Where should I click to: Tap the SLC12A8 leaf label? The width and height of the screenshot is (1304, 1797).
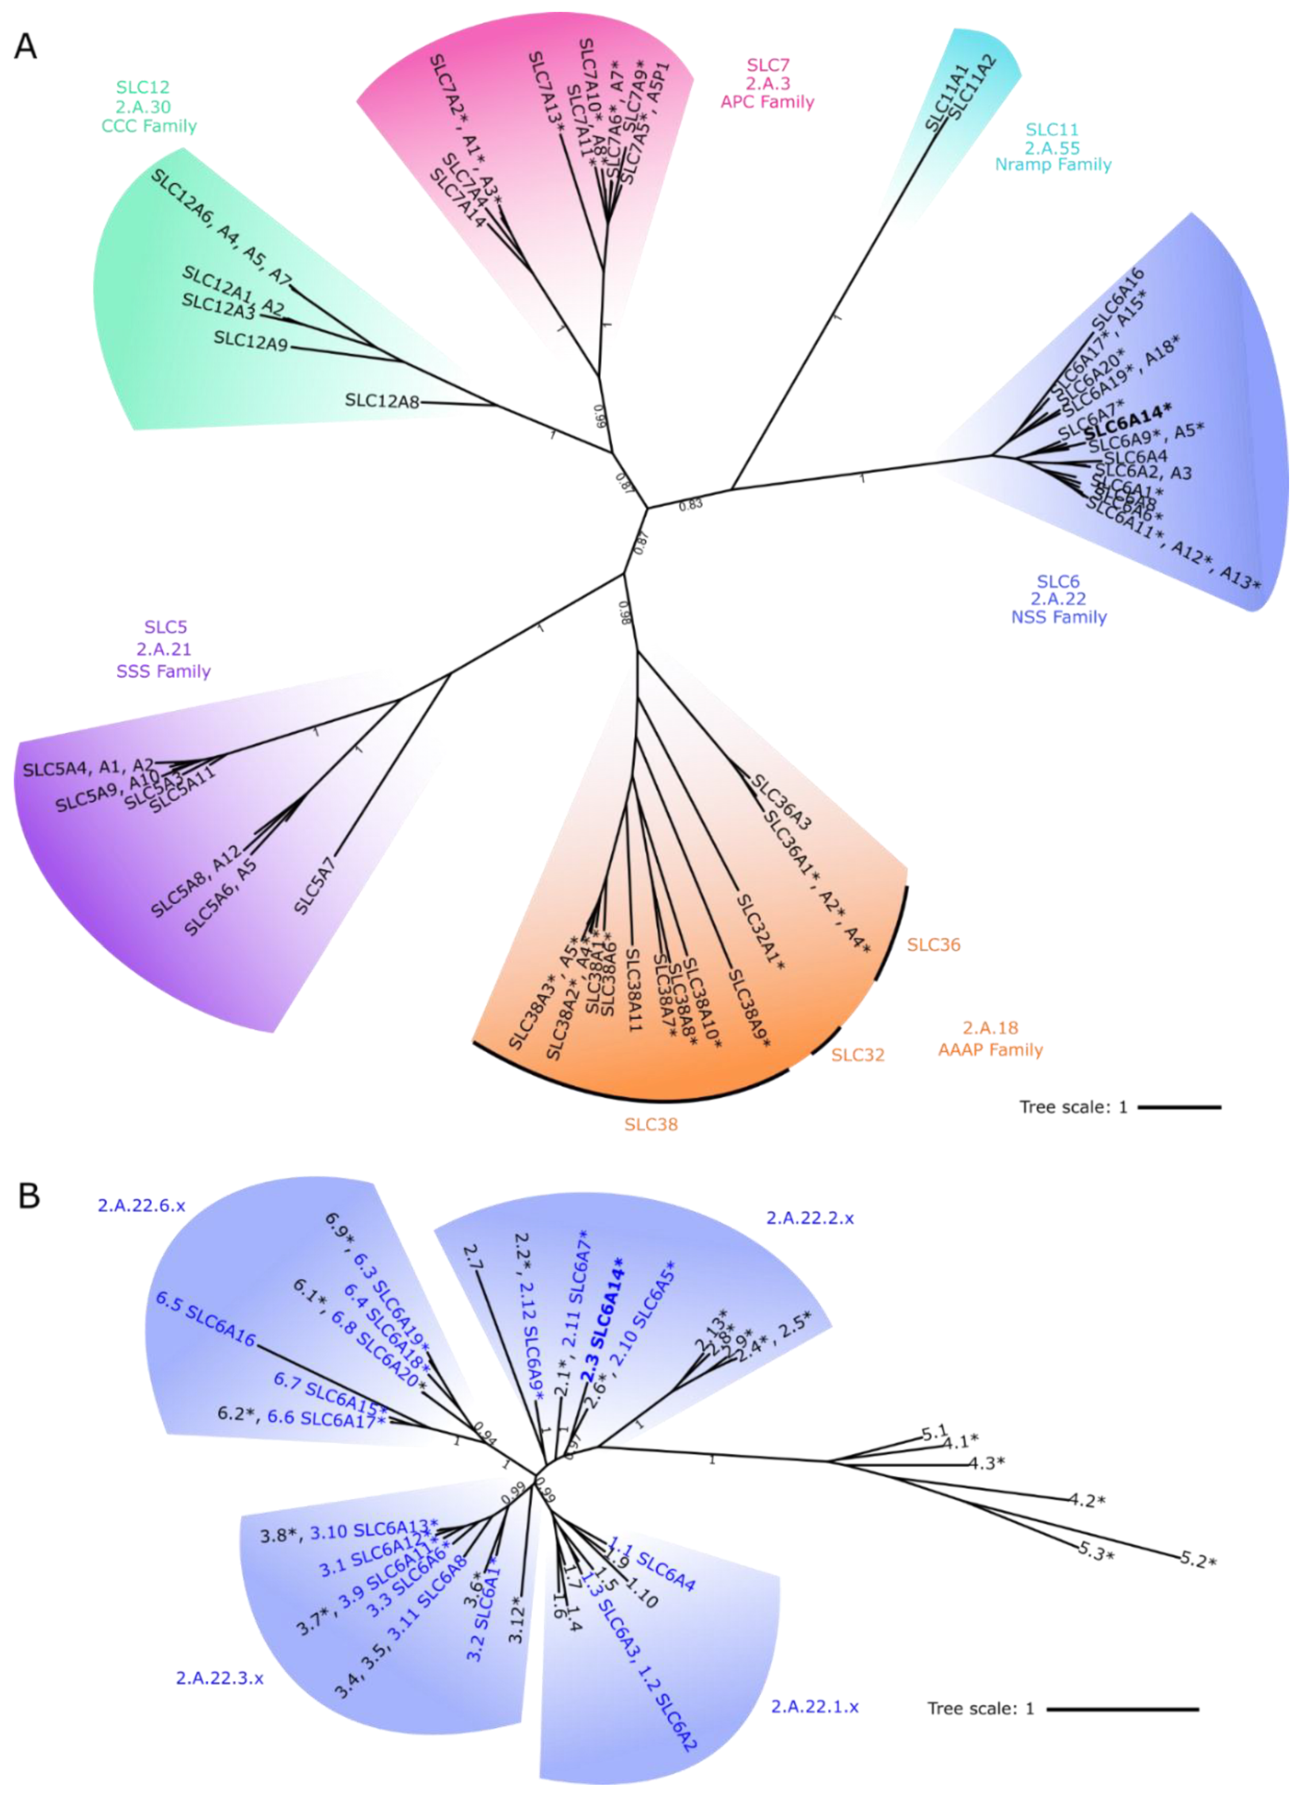point(382,401)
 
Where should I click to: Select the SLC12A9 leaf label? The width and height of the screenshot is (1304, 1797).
point(251,341)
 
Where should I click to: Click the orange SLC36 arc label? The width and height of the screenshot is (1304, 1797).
point(934,945)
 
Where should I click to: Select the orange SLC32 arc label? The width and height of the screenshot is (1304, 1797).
point(858,1054)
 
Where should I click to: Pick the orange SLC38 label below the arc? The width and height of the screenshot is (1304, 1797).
point(651,1124)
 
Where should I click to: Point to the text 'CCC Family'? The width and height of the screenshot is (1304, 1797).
point(149,126)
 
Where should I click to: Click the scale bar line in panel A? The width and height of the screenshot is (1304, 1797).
point(1180,1107)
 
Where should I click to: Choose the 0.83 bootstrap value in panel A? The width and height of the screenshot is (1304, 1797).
point(690,504)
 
